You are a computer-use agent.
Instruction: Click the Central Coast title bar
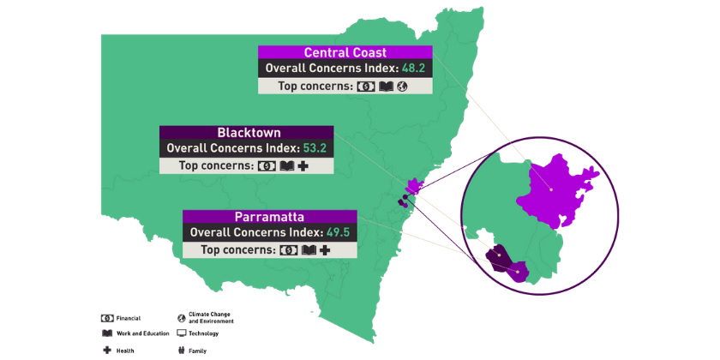[x=345, y=53]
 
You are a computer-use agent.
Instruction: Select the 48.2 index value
[x=414, y=69]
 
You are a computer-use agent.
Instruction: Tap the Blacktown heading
[x=249, y=133]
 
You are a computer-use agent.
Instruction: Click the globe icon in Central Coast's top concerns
[x=401, y=87]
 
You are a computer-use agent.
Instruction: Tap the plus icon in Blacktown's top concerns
[x=303, y=166]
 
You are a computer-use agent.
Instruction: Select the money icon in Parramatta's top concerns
[x=289, y=250]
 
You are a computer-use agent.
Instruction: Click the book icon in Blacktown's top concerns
[x=286, y=166]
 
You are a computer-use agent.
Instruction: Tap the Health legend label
[x=126, y=350]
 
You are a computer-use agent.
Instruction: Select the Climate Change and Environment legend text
[x=210, y=318]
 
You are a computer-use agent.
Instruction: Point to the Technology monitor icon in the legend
[x=182, y=333]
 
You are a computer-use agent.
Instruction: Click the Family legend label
[x=197, y=350]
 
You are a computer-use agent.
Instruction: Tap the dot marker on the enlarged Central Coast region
[x=551, y=189]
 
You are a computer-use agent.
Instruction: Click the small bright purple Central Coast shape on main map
[x=417, y=185]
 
